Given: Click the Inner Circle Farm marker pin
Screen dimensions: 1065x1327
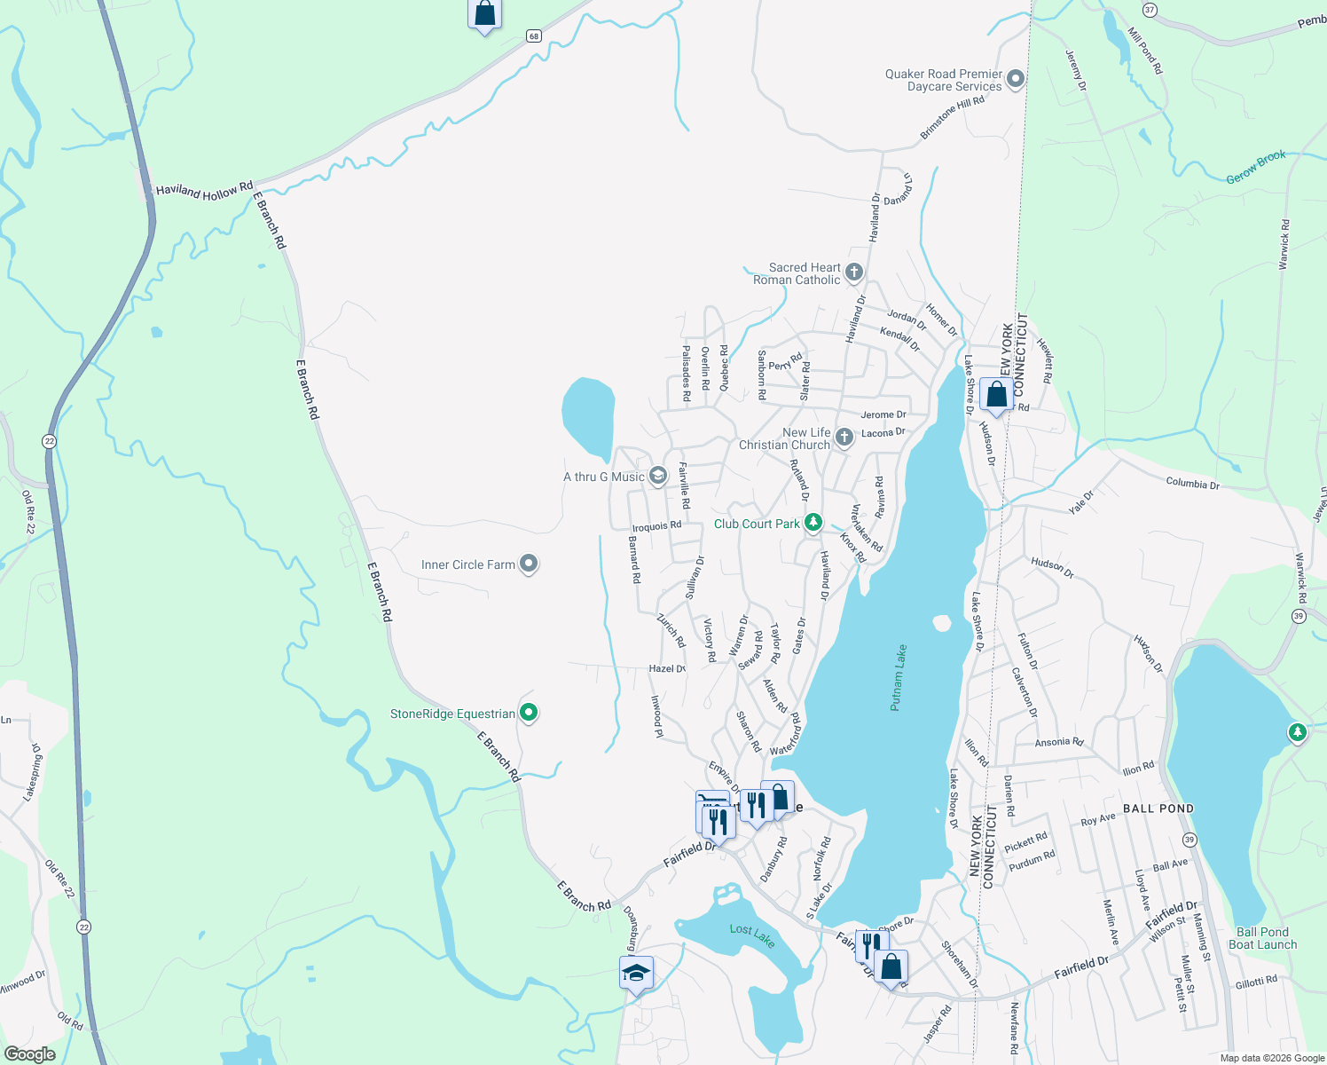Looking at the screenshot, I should click(x=529, y=564).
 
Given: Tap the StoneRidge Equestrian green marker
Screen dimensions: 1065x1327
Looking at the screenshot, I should click(x=529, y=713).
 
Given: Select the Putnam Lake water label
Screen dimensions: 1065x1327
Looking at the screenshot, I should click(x=899, y=677).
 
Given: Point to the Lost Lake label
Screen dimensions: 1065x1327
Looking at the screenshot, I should click(x=752, y=935).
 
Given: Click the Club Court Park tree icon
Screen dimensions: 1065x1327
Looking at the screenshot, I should click(x=813, y=523).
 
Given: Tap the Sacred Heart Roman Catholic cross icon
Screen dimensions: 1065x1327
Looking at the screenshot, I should click(x=853, y=272).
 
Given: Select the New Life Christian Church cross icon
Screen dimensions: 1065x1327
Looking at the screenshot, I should click(x=844, y=437).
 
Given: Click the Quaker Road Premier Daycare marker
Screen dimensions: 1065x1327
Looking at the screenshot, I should click(x=1016, y=79).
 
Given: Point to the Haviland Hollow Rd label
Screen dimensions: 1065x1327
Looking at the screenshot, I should click(x=203, y=191).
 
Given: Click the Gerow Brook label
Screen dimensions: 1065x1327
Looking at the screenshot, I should click(x=1256, y=167).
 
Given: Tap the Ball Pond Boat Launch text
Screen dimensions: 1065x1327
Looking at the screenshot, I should click(x=1262, y=938).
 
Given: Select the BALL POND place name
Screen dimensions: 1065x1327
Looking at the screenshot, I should click(x=1158, y=809).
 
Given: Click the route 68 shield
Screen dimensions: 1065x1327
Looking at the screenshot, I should click(x=533, y=36).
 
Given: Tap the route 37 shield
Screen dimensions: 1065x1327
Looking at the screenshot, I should click(x=1150, y=10).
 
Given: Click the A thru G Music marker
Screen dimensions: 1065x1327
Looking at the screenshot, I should click(x=657, y=476).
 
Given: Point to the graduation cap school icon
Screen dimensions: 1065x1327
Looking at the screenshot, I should click(x=636, y=974).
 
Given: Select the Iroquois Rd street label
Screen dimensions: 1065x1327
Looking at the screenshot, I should click(x=656, y=526).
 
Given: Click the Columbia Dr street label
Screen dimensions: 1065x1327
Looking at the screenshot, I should click(x=1192, y=484).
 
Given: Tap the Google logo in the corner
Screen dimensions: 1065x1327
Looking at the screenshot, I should click(x=29, y=1054).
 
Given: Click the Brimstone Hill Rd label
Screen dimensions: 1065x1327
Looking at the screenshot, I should click(x=952, y=118).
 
